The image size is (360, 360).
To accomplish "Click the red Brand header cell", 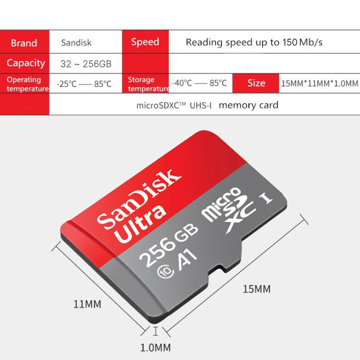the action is (x=24, y=42).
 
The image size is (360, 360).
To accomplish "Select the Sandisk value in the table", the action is (x=76, y=43).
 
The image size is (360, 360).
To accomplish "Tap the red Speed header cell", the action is (x=145, y=42).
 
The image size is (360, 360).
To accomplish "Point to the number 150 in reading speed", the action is (x=290, y=42).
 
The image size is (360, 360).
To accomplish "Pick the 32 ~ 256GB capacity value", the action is (x=86, y=64).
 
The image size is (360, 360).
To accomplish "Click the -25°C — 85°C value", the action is (x=84, y=84).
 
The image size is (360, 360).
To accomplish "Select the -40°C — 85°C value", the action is (x=199, y=83).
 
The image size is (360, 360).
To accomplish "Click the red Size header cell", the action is (x=256, y=83).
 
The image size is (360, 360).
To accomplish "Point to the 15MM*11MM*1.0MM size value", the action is (x=319, y=83).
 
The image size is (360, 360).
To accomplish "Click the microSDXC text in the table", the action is (x=161, y=105).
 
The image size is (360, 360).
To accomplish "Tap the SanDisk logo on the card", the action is (x=139, y=199).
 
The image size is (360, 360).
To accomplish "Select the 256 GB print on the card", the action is (x=169, y=245).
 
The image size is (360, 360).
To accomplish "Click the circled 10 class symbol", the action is (x=165, y=271).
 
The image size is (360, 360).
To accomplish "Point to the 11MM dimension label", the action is (x=87, y=304).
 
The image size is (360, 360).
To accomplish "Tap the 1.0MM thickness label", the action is (x=155, y=347).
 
